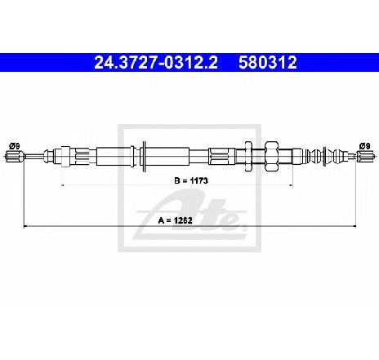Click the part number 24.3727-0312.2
[x=156, y=63]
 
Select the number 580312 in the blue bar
[x=268, y=63]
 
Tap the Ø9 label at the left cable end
[x=15, y=146]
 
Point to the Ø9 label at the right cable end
[x=364, y=146]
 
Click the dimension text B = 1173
[x=191, y=180]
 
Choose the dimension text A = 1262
[x=176, y=220]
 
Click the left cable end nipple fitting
[x=15, y=157]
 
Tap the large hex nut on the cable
[x=272, y=156]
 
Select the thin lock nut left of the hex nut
[x=248, y=156]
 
